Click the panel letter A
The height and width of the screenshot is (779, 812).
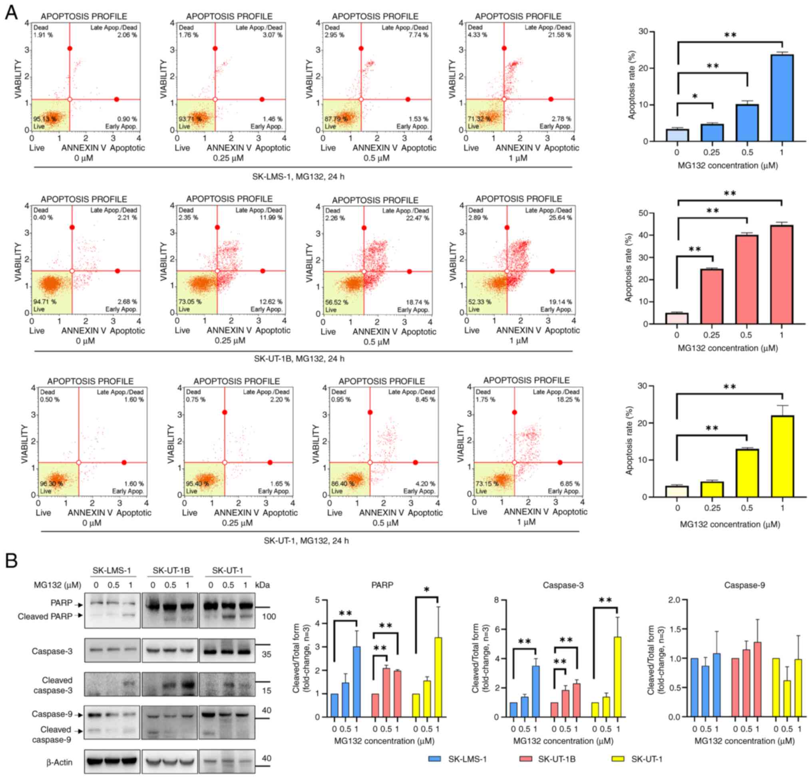click(x=11, y=12)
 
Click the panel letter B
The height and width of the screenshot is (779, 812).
click(x=11, y=561)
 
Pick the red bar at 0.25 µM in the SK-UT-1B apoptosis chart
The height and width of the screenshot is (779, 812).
click(x=712, y=296)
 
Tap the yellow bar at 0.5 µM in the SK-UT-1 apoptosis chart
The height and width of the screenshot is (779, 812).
click(x=747, y=473)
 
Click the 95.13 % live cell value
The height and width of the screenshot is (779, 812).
click(x=45, y=119)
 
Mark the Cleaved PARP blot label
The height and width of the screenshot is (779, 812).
click(x=45, y=617)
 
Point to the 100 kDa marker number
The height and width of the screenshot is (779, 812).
click(x=269, y=617)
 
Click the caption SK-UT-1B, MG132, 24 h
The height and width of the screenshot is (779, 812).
click(x=299, y=359)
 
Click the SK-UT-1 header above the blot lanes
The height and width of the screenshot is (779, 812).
click(x=227, y=570)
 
